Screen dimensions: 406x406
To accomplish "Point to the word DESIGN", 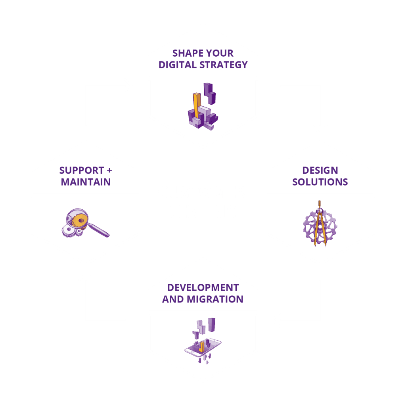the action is click(320, 170).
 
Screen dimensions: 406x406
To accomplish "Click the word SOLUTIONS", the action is click(320, 182).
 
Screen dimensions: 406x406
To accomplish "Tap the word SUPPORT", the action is click(82, 170).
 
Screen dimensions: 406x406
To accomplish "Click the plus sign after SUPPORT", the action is click(109, 170).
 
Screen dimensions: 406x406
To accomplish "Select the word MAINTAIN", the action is click(86, 182).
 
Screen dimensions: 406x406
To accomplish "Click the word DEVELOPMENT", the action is click(203, 288).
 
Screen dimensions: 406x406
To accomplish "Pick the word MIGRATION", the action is click(215, 299).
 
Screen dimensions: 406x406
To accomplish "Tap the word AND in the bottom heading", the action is click(173, 299).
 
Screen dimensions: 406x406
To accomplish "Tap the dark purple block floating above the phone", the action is click(212, 325).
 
